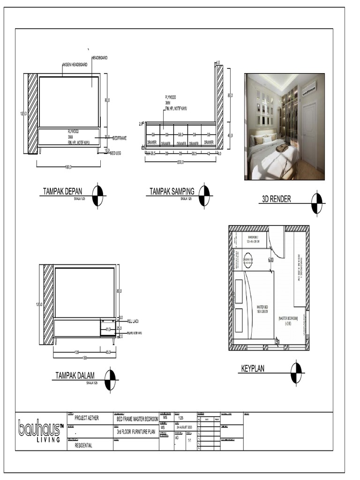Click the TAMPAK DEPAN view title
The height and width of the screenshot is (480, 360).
(62, 191)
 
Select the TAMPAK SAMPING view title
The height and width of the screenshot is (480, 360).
(172, 191)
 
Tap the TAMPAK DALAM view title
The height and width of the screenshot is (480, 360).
(75, 375)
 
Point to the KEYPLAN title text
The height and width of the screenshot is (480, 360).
(253, 369)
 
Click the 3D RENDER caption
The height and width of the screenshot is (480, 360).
(276, 199)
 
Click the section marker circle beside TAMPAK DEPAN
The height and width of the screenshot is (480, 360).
(97, 195)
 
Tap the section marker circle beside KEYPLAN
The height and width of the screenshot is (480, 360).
(296, 373)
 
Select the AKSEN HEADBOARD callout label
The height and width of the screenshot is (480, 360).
(75, 64)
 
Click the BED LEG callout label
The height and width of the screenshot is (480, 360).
(115, 153)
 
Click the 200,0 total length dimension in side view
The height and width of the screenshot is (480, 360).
(180, 162)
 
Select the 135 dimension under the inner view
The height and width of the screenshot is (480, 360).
(76, 352)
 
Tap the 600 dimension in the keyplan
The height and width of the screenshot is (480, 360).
(271, 260)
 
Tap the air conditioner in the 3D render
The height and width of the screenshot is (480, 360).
(309, 87)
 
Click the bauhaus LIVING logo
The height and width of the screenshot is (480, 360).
(40, 431)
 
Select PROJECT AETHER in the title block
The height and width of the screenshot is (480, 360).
(87, 418)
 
